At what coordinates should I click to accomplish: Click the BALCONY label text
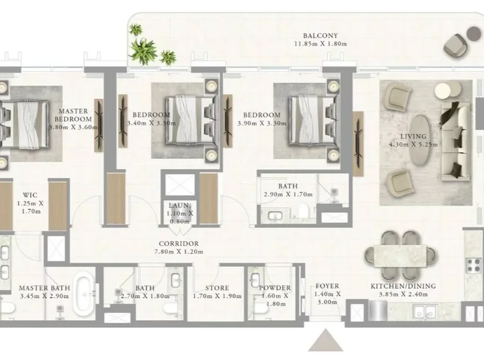(x=320, y=35)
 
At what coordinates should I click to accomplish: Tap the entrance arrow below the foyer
(x=326, y=341)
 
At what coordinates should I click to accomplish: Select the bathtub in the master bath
(x=85, y=295)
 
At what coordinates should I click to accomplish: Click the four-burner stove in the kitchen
(x=473, y=266)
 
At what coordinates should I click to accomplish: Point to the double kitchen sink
(x=425, y=312)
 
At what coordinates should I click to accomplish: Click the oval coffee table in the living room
(x=420, y=138)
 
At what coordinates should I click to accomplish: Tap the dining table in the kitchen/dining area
(x=400, y=256)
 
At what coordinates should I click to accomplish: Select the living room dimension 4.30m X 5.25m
(x=413, y=145)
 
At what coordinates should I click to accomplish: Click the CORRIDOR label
(x=179, y=243)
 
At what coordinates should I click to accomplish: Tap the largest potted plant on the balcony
(x=142, y=51)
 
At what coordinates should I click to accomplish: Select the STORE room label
(x=217, y=288)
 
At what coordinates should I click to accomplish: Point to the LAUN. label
(x=180, y=205)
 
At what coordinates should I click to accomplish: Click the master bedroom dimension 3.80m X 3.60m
(x=73, y=127)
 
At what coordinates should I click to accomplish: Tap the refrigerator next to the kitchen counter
(x=378, y=310)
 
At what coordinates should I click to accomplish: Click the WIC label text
(x=30, y=195)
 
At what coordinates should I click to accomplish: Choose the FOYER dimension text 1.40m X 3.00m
(x=327, y=298)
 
